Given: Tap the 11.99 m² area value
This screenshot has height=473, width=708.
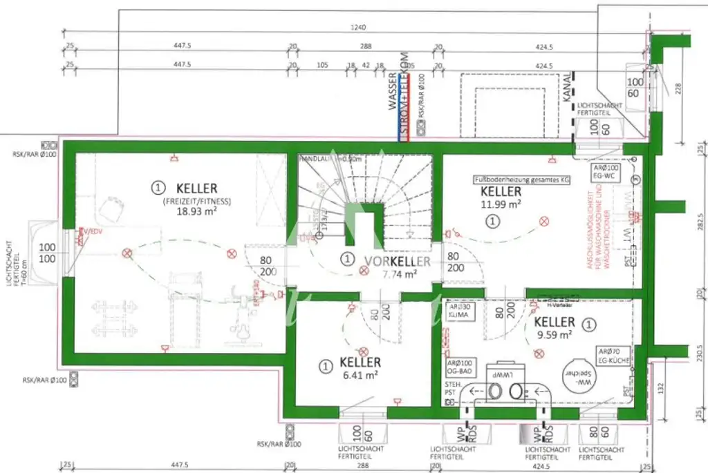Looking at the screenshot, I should (501, 204).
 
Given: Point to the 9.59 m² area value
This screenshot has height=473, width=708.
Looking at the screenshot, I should (555, 335).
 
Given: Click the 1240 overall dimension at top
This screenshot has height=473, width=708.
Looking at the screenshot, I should (357, 28).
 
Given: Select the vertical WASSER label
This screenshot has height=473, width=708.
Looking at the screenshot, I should (392, 93).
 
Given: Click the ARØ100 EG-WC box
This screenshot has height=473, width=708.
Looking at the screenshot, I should (603, 173).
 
